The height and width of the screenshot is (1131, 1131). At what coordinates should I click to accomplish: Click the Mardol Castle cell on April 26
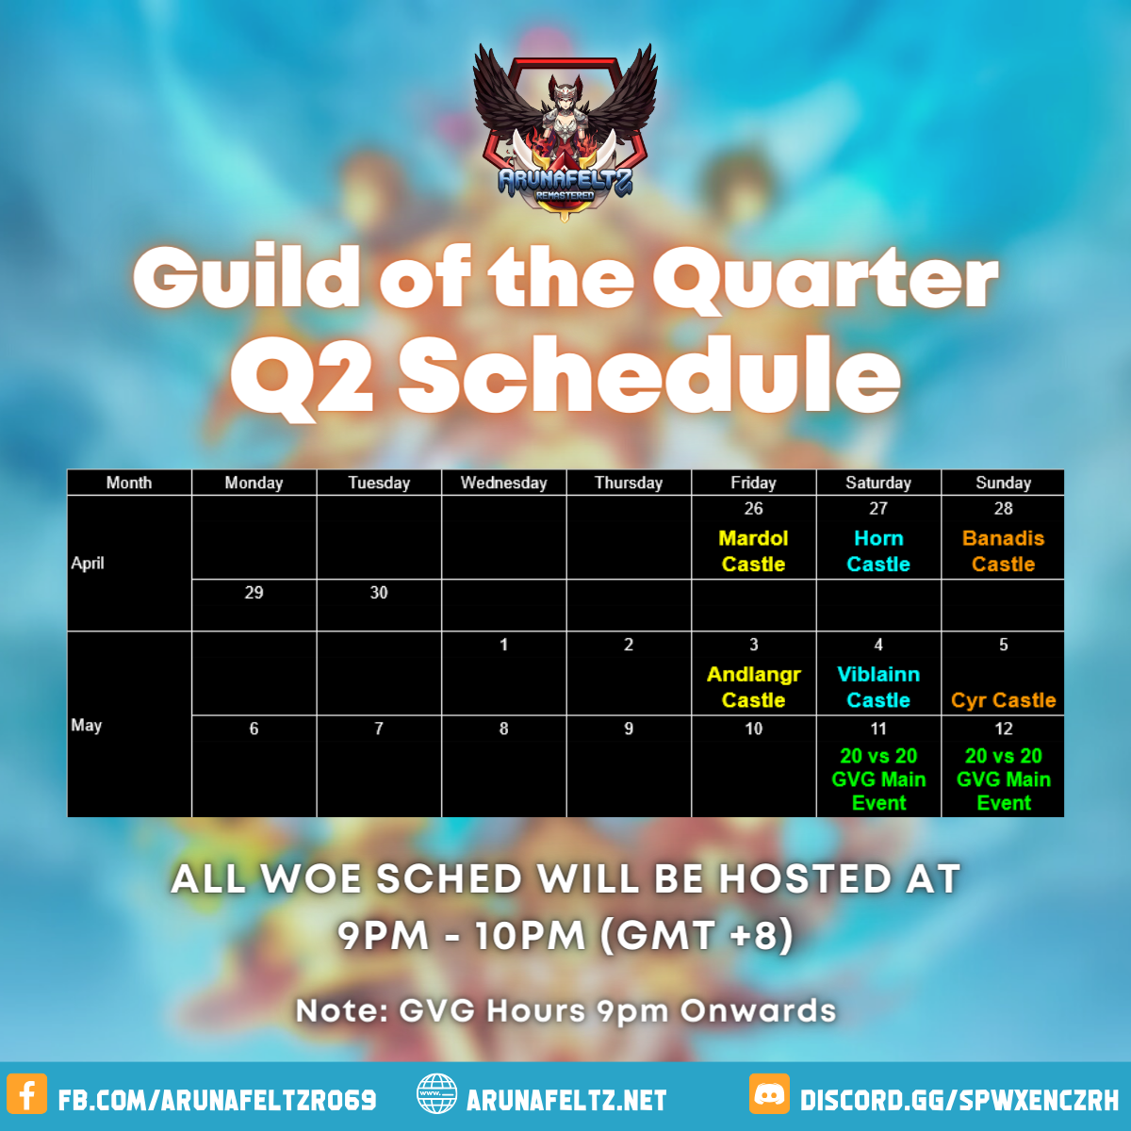click(x=753, y=550)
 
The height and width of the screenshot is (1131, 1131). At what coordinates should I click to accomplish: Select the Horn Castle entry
click(x=878, y=550)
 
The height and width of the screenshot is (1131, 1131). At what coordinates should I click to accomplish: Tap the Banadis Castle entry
click(x=1003, y=550)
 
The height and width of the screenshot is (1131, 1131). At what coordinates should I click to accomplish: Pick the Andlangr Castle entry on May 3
click(x=753, y=687)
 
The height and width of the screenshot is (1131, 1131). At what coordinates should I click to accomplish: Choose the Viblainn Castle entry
click(x=878, y=687)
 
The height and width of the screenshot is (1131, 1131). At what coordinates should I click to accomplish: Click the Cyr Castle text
click(x=1003, y=699)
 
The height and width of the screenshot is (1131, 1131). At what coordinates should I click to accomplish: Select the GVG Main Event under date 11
click(x=878, y=779)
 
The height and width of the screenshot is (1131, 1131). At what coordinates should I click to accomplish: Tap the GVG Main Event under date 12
click(x=1003, y=779)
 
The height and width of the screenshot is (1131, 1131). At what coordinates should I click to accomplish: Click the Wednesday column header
click(x=503, y=483)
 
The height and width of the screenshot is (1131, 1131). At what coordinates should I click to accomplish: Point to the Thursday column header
click(x=629, y=483)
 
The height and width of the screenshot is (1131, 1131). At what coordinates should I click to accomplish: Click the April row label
click(x=88, y=564)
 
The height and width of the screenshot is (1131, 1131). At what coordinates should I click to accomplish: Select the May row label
click(x=87, y=726)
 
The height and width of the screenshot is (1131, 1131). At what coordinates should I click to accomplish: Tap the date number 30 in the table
click(x=379, y=592)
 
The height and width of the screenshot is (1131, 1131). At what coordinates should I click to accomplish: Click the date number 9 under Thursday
click(x=629, y=729)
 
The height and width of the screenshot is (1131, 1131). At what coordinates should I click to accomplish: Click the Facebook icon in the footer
click(x=27, y=1093)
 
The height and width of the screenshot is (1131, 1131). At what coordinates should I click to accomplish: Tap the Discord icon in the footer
click(x=769, y=1093)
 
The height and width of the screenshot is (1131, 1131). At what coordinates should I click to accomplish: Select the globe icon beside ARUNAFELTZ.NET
click(x=436, y=1093)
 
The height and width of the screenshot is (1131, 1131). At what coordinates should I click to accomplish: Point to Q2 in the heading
click(x=303, y=377)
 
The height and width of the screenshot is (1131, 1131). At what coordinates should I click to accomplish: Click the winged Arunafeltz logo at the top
click(x=565, y=132)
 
